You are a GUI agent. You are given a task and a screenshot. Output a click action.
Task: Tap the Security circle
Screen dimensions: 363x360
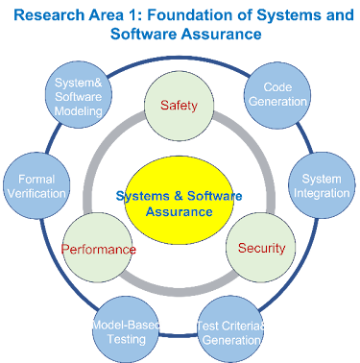pyautogui.click(x=260, y=248)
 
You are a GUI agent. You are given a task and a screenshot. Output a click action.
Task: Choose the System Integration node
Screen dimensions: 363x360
pyautogui.click(x=321, y=185)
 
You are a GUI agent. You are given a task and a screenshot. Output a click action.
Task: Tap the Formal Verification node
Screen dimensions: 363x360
pyautogui.click(x=36, y=185)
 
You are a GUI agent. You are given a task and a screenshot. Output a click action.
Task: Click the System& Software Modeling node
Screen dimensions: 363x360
pyautogui.click(x=79, y=97)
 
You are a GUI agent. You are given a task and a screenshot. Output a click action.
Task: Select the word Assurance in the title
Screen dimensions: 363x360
pyautogui.click(x=226, y=34)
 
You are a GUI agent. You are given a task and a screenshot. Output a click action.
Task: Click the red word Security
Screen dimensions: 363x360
pyautogui.click(x=261, y=248)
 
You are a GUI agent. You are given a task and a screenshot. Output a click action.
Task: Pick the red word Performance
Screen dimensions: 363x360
pyautogui.click(x=99, y=250)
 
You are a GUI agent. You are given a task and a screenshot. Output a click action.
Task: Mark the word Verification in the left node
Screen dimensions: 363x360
pyautogui.click(x=36, y=193)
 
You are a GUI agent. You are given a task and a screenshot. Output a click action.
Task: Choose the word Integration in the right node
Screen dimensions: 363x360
pyautogui.click(x=321, y=193)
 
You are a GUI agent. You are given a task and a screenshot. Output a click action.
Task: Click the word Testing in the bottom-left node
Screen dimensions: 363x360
pyautogui.click(x=125, y=339)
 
